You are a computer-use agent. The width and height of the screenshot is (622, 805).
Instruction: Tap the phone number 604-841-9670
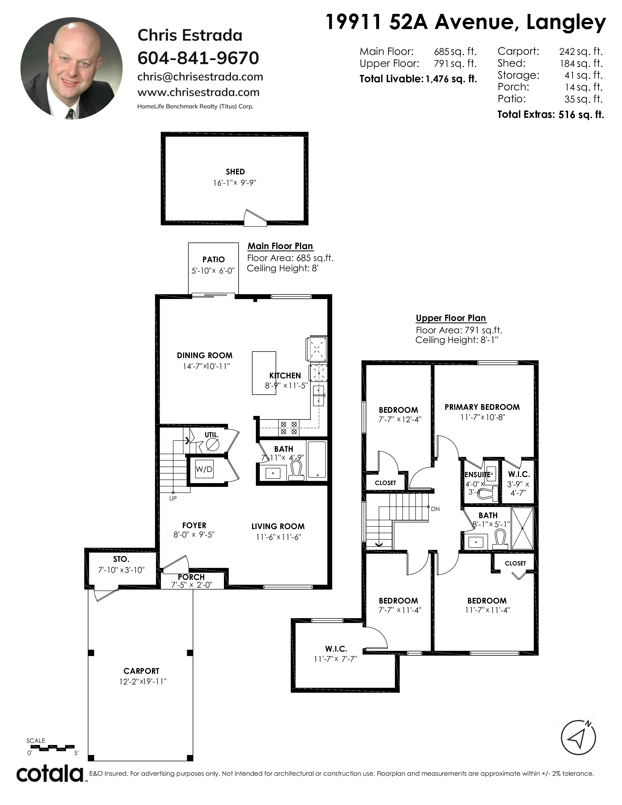coord(198,58)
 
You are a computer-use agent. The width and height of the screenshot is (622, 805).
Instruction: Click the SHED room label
coord(235,171)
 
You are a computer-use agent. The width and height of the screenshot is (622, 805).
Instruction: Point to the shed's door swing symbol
coord(255,218)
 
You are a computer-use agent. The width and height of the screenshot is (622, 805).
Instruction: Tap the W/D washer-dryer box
coord(204,469)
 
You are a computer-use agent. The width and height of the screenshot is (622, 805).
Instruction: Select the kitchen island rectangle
coord(264,373)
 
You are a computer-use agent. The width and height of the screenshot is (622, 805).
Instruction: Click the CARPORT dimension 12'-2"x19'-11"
coord(143,682)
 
